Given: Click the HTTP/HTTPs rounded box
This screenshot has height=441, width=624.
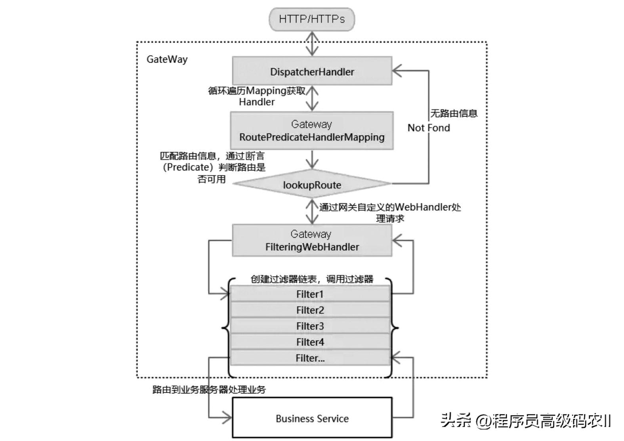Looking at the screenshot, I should pos(311,19).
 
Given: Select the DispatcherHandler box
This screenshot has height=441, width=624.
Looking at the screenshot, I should pos(312,71).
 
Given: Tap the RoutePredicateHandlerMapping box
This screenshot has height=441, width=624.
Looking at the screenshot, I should pos(312,131).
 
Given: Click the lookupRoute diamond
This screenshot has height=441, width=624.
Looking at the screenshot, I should pos(312,184).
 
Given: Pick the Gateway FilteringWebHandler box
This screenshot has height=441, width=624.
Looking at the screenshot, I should pos(312,241).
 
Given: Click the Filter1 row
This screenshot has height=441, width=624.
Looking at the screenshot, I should pos(310,294).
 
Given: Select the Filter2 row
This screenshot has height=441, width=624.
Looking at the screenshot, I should pos(310,310).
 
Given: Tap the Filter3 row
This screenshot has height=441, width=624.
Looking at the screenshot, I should pos(310,326).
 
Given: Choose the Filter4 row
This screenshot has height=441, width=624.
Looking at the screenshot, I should pos(310,342).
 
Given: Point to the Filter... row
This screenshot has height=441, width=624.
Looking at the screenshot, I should pos(310,358).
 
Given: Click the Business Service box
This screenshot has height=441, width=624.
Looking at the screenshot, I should pos(312,418).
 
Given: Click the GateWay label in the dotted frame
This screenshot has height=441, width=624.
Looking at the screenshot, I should pos(167,59).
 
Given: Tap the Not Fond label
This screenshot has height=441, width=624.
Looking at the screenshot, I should pos(429,128).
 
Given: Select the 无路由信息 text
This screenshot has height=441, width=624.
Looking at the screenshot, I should pos(454,113).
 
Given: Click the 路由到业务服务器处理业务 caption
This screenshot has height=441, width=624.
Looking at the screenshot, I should pos(209,389).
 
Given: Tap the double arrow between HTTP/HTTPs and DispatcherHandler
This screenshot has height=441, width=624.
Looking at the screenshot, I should pos(312,44).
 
